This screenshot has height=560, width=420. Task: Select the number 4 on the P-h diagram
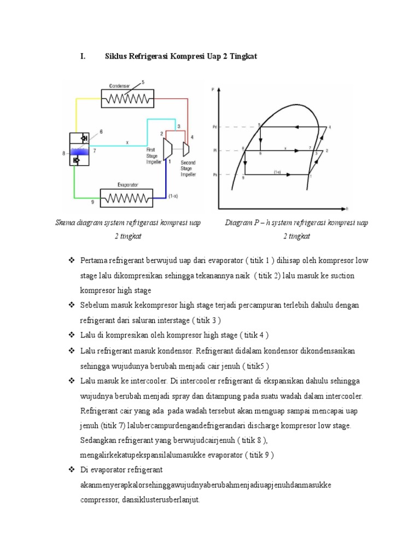(330, 127)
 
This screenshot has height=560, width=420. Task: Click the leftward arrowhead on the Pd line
(296, 127)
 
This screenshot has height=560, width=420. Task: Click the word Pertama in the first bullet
(94, 260)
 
